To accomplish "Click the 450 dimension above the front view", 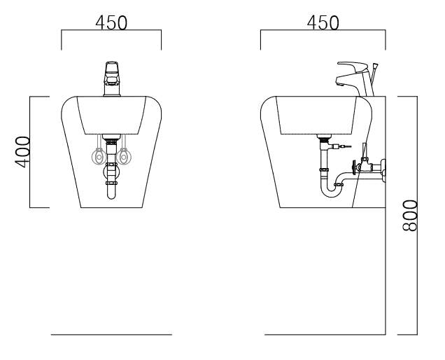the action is coord(111,22).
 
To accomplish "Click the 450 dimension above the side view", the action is coord(323,22).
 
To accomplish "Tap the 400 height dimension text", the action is coord(22,152).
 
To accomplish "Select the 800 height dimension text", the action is coord(410,216).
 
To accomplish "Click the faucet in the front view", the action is coord(112,79).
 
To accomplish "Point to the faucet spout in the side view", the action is coord(340,81).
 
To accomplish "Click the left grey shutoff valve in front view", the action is coord(99,157).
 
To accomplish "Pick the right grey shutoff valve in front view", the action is coord(124,157).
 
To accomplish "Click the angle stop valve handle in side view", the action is coord(354,168).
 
